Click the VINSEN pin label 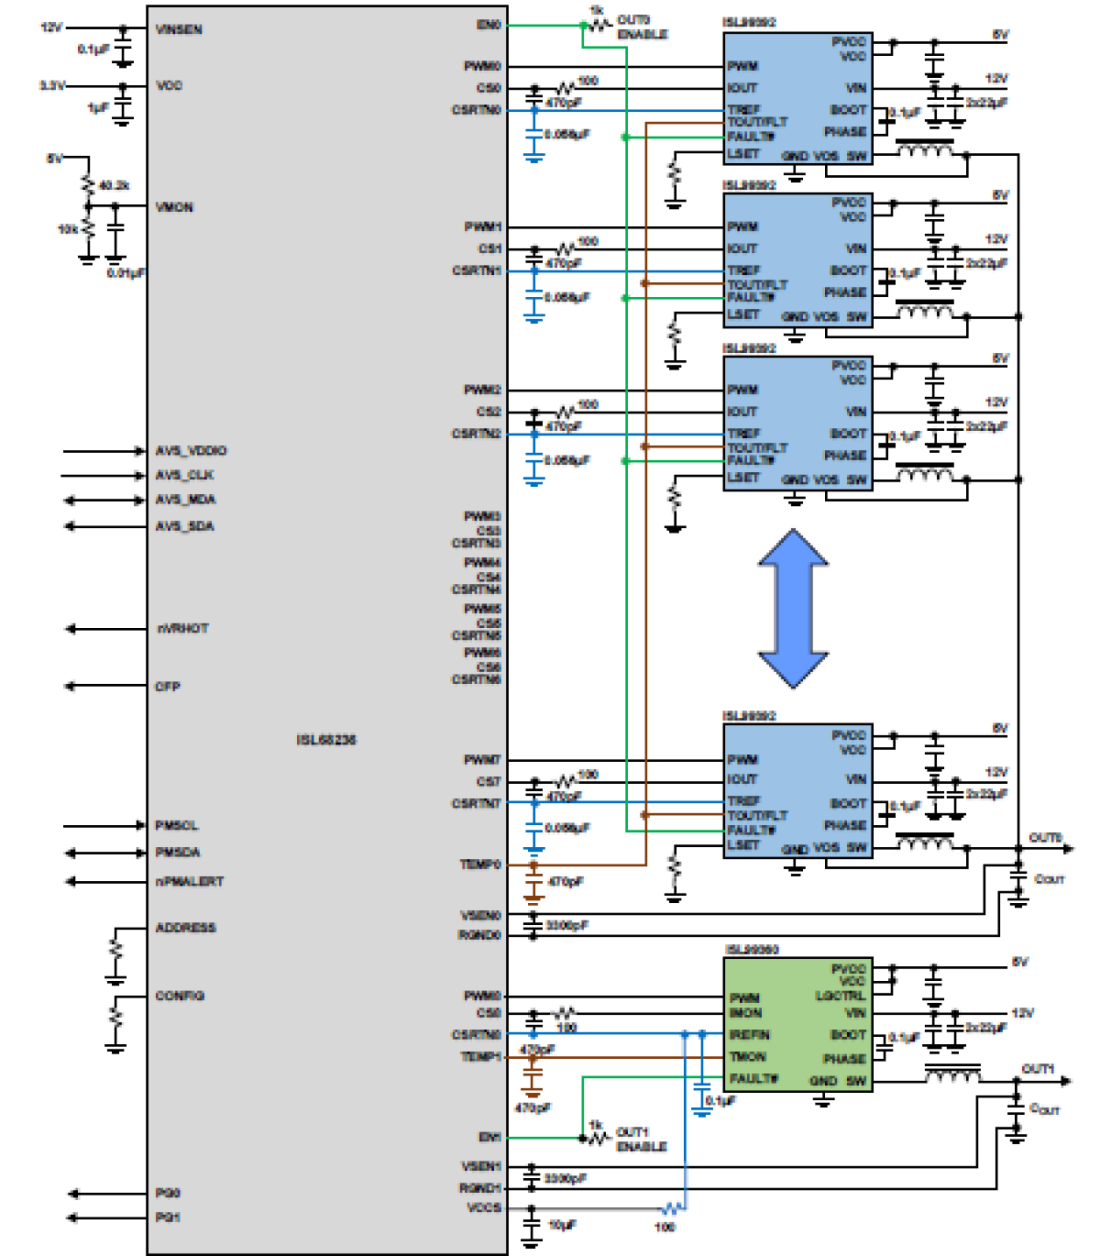tap(179, 30)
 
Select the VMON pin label tap(174, 208)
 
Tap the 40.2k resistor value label tap(114, 186)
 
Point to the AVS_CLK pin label tap(185, 476)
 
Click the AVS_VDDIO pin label tap(191, 451)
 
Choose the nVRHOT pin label tap(182, 629)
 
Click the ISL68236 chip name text tap(326, 740)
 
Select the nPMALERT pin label tap(189, 882)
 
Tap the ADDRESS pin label tap(185, 928)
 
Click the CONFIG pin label tap(180, 996)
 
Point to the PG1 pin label tap(167, 1217)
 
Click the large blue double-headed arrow tap(793, 608)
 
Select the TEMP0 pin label tap(480, 864)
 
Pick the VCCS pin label tap(483, 1208)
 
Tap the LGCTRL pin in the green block tap(840, 996)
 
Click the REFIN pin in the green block tap(749, 1034)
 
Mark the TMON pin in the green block tap(747, 1057)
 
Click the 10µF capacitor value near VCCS tap(562, 1224)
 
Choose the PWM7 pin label tap(482, 759)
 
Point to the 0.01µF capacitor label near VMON tap(126, 273)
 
